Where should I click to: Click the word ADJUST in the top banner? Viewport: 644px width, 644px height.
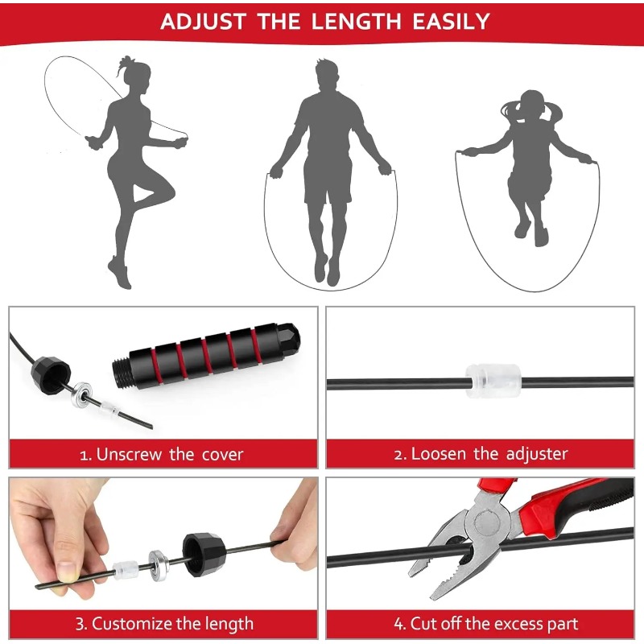point(203,22)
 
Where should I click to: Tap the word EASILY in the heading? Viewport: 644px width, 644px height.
point(451,22)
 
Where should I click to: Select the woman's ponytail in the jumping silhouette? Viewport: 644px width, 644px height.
point(124,66)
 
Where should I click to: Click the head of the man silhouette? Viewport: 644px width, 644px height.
point(327,76)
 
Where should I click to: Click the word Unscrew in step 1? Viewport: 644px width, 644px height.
point(129,455)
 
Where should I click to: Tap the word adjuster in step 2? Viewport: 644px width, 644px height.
point(537,454)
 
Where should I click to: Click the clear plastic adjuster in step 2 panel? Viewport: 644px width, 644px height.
point(493,381)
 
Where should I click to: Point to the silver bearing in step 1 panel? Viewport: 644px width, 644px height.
point(82,394)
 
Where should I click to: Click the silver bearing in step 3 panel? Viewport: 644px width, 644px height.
point(157,566)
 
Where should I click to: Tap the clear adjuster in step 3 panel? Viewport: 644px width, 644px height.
point(124,571)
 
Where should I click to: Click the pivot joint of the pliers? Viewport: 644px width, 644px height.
point(487,523)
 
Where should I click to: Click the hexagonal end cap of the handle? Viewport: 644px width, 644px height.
point(289,338)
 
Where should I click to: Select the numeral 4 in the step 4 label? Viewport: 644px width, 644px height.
point(398,624)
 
